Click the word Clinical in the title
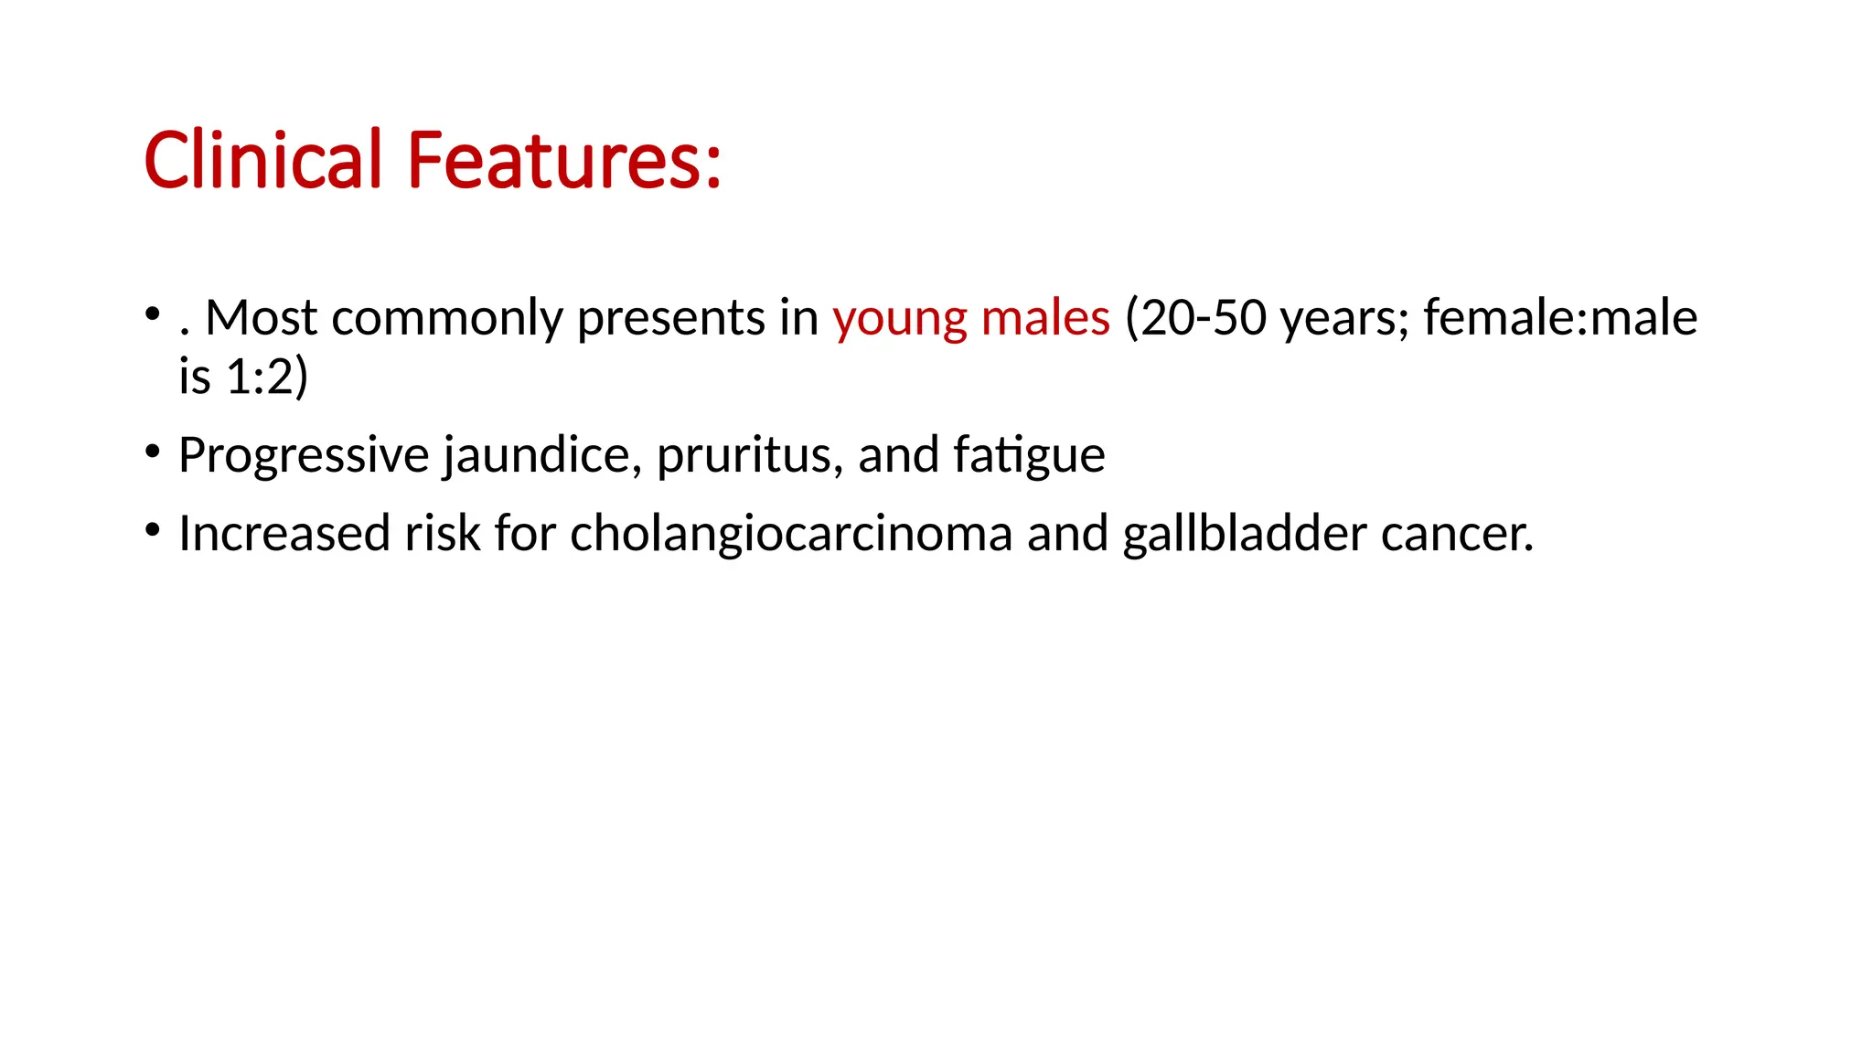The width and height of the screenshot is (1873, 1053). coord(262,160)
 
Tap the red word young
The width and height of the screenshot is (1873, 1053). coord(899,319)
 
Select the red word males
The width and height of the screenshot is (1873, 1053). coord(1045,317)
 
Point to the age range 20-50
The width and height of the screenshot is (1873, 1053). coord(1204,317)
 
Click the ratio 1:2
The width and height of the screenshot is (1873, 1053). coord(260,376)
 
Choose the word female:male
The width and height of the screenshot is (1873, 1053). coord(1560,317)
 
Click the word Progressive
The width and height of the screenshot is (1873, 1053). coord(304,455)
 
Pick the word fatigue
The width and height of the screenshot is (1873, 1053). coord(1029,455)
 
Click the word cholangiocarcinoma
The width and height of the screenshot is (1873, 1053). coord(791,534)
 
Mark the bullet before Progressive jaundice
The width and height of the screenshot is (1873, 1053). coord(153,450)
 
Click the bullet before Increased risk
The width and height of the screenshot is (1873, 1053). coord(153,528)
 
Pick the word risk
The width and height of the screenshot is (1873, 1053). coord(443,534)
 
